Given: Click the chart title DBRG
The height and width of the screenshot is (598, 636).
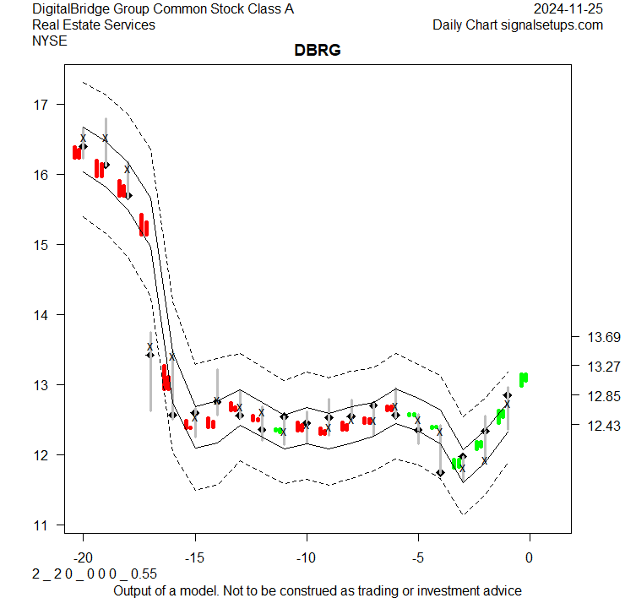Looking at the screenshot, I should click(317, 51).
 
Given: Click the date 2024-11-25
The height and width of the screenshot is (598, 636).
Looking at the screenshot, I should click(568, 9).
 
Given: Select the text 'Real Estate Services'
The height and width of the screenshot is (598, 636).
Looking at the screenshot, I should click(93, 24).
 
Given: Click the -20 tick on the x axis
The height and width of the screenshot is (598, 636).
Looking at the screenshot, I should click(83, 557).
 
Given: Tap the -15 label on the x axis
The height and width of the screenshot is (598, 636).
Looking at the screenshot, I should click(194, 557).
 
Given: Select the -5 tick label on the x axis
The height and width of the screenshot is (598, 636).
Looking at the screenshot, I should click(417, 557).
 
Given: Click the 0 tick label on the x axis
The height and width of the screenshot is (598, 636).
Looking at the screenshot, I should click(530, 557).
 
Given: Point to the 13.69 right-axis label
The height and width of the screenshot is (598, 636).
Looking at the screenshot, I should click(604, 338).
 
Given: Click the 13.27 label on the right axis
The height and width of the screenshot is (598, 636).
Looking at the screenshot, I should click(604, 367).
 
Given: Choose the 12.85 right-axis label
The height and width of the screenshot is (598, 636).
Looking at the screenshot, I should click(604, 396).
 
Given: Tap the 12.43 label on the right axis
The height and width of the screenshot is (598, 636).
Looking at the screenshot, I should click(604, 426).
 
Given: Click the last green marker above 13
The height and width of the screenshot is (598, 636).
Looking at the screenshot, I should click(524, 378).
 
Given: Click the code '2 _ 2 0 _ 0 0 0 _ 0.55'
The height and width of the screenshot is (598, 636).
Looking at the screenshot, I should click(83, 574).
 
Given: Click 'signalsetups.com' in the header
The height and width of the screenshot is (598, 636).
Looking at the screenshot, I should click(552, 24).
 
